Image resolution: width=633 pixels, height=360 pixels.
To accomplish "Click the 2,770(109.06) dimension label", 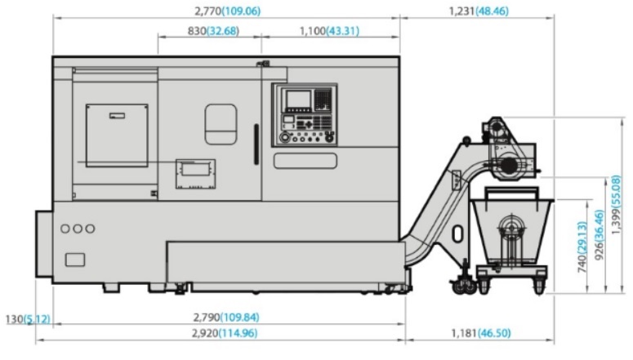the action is [228, 11].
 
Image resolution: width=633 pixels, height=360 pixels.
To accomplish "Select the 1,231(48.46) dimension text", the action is [479, 11].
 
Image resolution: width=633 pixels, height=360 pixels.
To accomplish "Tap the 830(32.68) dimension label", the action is [213, 31].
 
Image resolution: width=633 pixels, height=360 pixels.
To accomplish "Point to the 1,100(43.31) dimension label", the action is [329, 31].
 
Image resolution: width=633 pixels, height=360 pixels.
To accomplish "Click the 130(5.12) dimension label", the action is [28, 319].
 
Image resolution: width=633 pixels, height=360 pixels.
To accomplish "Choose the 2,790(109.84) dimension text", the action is [226, 318].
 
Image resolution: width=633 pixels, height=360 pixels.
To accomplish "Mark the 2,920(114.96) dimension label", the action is [225, 333].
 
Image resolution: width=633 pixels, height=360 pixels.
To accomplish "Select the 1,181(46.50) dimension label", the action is [481, 333].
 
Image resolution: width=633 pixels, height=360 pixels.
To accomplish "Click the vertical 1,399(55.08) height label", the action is [616, 205].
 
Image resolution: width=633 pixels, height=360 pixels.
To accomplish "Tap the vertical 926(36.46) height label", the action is [600, 235].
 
